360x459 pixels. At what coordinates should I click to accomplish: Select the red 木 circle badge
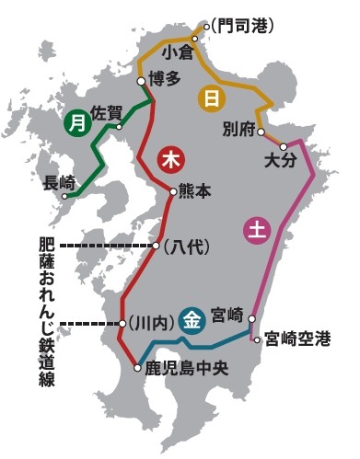tap(170, 159)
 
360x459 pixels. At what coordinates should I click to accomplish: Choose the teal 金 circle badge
tap(192, 319)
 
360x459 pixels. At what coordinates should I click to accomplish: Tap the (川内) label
tap(149, 323)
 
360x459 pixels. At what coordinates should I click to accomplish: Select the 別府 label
tap(238, 130)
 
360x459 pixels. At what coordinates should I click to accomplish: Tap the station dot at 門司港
tap(206, 25)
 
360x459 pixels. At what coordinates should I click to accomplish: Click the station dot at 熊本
tap(172, 192)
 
